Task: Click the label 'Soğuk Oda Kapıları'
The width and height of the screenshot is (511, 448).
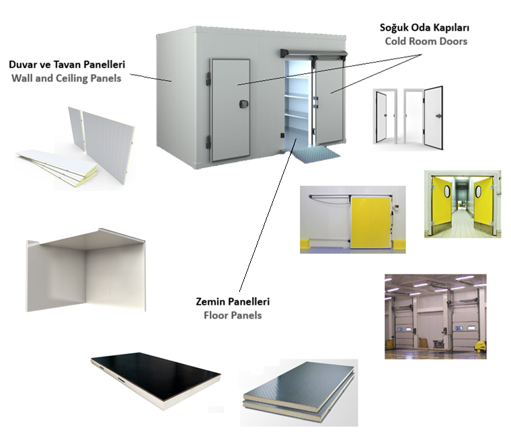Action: tap(424, 28)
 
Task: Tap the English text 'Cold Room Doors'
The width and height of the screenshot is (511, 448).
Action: tap(426, 42)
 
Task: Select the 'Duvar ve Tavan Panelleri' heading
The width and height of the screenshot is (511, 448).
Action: tap(67, 65)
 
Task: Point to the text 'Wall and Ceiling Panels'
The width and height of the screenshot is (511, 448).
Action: tap(67, 79)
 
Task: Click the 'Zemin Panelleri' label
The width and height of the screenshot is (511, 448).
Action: tap(233, 301)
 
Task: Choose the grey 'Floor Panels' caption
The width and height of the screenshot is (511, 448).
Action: tap(233, 315)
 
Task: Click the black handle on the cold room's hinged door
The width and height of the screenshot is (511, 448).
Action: tap(243, 104)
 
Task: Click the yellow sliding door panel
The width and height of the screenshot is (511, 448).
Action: tap(370, 222)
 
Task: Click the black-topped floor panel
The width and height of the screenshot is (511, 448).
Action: tap(156, 380)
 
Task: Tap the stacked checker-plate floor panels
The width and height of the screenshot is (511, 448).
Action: tap(299, 392)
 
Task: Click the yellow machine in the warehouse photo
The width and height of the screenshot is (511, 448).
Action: tap(479, 346)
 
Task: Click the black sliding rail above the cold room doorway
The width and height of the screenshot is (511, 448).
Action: tap(313, 53)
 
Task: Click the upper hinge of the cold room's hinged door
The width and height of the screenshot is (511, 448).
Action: tap(208, 79)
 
